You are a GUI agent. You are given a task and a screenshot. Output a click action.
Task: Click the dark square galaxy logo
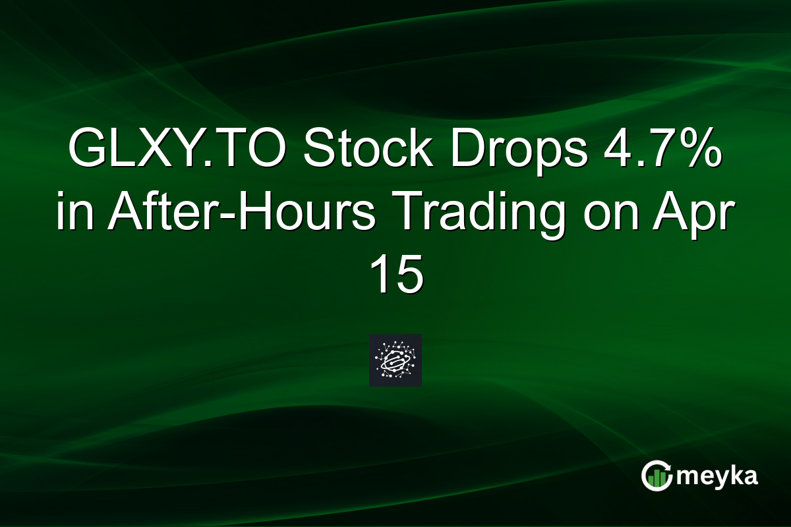click(395, 360)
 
